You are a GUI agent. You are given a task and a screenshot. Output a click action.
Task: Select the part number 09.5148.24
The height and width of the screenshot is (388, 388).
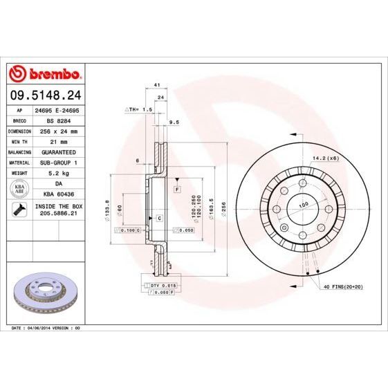(44, 95)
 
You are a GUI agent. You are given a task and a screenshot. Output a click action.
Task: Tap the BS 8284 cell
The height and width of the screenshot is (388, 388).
(56, 120)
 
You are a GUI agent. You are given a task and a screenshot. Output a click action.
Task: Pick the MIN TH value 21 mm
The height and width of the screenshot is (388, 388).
(57, 140)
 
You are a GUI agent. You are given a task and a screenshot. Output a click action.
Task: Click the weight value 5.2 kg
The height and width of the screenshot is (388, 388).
(57, 172)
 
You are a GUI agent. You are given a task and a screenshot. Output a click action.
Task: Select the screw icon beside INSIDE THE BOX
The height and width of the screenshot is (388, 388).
(18, 210)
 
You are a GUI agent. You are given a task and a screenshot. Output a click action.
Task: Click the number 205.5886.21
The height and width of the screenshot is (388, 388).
(57, 215)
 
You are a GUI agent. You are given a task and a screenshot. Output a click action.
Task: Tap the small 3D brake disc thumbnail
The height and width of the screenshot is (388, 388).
(44, 290)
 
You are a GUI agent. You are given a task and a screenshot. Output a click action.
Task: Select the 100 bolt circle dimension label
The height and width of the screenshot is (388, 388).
(302, 205)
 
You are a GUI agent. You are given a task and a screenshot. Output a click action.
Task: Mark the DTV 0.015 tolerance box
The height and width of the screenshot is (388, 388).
(158, 285)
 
